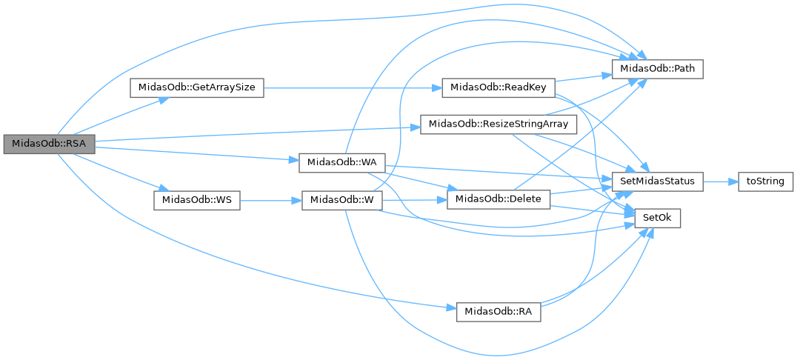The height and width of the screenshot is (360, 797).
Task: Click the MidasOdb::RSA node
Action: click(x=49, y=144)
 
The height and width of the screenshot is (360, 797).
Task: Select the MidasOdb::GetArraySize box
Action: click(x=197, y=87)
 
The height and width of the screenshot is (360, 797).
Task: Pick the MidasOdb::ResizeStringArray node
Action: click(x=498, y=124)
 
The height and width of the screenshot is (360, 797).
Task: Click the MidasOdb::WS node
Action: click(x=197, y=201)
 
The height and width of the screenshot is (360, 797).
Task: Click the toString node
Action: click(x=766, y=181)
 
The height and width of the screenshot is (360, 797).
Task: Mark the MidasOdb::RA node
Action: click(x=498, y=312)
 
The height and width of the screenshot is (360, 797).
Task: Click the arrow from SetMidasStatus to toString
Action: click(x=719, y=181)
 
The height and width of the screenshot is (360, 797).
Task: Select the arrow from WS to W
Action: click(x=270, y=201)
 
